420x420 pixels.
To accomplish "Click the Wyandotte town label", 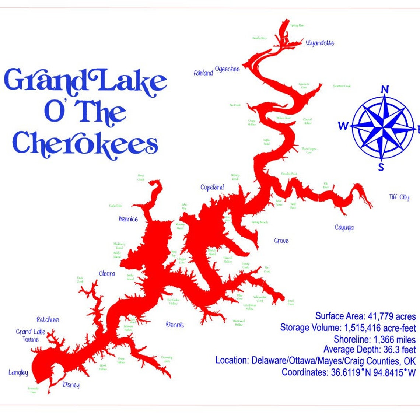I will (x=320, y=43).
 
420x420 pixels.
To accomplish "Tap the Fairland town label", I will (x=203, y=73).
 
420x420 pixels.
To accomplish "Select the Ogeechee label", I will (x=227, y=69).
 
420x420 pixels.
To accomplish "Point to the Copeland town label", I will (x=212, y=187).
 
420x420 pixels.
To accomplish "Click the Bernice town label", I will (x=128, y=219).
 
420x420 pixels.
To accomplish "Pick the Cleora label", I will (x=107, y=274).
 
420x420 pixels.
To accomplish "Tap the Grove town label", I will (x=281, y=241).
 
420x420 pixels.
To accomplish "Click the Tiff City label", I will (x=399, y=197).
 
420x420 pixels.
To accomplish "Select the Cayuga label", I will (x=344, y=227).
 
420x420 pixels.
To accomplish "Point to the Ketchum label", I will (x=48, y=319).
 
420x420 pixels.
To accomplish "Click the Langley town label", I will (x=18, y=372).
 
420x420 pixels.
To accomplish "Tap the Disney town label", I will (x=71, y=385).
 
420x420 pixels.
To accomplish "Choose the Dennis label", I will (x=175, y=325).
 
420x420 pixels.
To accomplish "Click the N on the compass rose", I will (x=385, y=89).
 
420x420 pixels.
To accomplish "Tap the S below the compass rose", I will (x=381, y=168).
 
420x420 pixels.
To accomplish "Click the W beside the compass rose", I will (x=343, y=126).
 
